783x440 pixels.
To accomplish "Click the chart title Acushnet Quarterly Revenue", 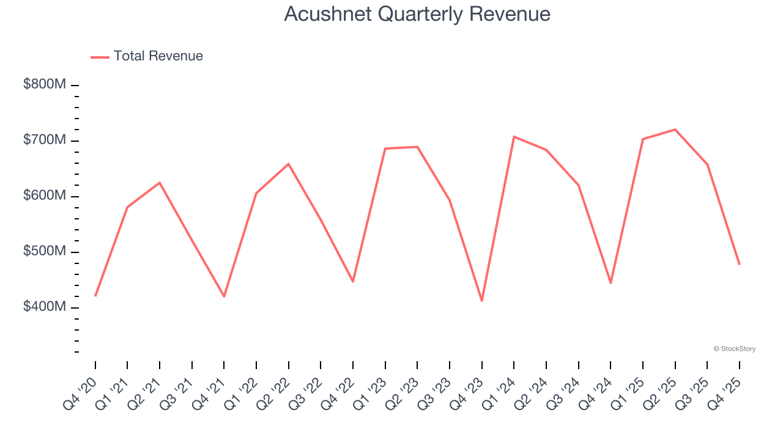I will (417, 14).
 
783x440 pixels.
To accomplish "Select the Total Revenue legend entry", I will (158, 56).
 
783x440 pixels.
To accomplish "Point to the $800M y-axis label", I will (44, 84).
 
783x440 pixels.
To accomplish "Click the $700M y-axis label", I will (44, 140).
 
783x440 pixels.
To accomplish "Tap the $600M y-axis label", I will (44, 196).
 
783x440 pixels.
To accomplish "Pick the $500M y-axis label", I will (44, 251).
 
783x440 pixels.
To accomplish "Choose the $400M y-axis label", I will (44, 307).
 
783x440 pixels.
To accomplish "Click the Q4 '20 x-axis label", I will (79, 394).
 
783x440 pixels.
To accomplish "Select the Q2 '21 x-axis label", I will (143, 394).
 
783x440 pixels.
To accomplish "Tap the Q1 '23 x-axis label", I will (369, 394).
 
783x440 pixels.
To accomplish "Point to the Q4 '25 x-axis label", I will (723, 394).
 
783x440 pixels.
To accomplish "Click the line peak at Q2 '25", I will (675, 130).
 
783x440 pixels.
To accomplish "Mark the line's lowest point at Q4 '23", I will (482, 301).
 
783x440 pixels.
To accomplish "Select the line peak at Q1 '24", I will (514, 136).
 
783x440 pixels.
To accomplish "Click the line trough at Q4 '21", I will (224, 296).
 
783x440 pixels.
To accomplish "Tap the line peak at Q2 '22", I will (289, 164).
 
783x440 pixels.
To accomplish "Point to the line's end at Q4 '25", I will (740, 264).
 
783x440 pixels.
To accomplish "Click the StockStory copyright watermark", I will (734, 349).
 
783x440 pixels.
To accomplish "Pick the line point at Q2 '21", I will (160, 183).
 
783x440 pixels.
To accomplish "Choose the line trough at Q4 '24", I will (610, 283).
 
